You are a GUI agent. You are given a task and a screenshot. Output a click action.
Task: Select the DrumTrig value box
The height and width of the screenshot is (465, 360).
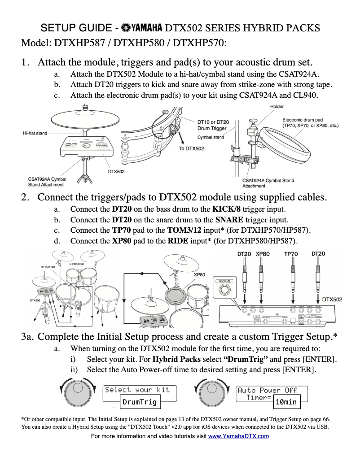pos(140,402)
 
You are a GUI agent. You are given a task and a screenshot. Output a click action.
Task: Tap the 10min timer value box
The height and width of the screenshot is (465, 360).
pos(286,402)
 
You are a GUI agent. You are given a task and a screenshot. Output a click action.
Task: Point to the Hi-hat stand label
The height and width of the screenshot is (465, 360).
pos(35,133)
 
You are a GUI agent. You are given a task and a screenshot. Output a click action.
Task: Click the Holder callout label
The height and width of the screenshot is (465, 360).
pos(277,106)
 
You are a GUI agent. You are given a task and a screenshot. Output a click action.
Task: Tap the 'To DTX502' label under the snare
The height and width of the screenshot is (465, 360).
pos(191,148)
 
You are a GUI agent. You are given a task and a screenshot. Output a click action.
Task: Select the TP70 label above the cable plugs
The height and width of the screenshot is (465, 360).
pos(291,254)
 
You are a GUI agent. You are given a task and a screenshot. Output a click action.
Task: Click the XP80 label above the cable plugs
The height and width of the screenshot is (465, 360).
pos(263,254)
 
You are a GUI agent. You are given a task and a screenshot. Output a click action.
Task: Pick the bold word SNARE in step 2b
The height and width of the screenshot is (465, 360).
pos(229,220)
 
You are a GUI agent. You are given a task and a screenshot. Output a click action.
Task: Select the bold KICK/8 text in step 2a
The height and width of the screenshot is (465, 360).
pos(227,209)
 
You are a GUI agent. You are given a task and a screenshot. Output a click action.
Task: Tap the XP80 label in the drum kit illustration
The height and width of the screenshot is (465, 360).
pos(200,274)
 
